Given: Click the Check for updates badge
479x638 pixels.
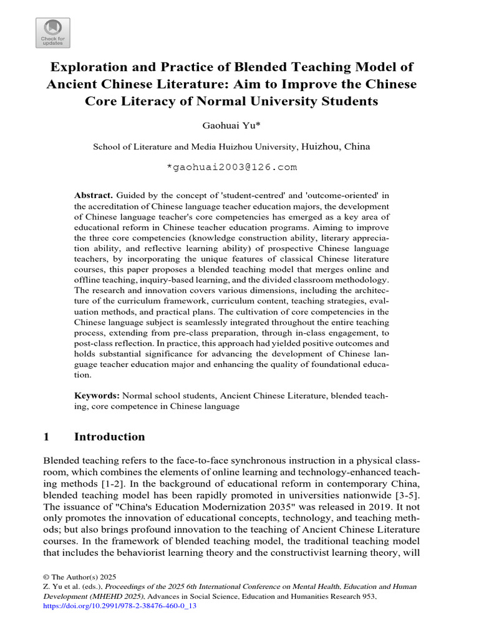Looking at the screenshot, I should [x=52, y=32].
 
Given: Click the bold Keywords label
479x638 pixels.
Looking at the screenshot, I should [x=97, y=395].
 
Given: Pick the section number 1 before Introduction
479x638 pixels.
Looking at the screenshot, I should [x=46, y=437].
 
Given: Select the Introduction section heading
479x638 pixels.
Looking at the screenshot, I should [x=109, y=437].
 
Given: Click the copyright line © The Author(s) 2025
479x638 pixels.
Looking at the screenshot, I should [x=79, y=577].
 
